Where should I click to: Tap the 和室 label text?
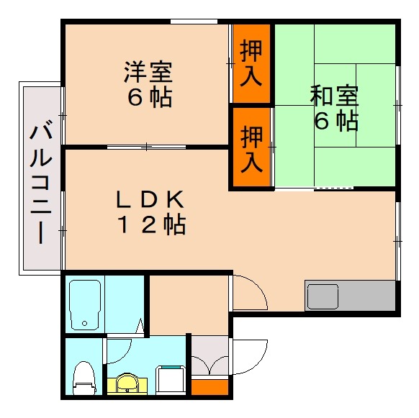[x=335, y=94]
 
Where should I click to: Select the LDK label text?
[x=152, y=198]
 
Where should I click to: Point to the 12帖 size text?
[x=152, y=225]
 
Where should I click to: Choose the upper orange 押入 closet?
[x=251, y=64]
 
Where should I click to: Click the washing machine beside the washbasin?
[x=172, y=379]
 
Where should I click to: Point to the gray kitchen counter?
[x=350, y=296]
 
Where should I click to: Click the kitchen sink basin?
[x=323, y=296]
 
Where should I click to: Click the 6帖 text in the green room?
[x=335, y=119]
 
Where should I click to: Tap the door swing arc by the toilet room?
[x=120, y=350]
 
